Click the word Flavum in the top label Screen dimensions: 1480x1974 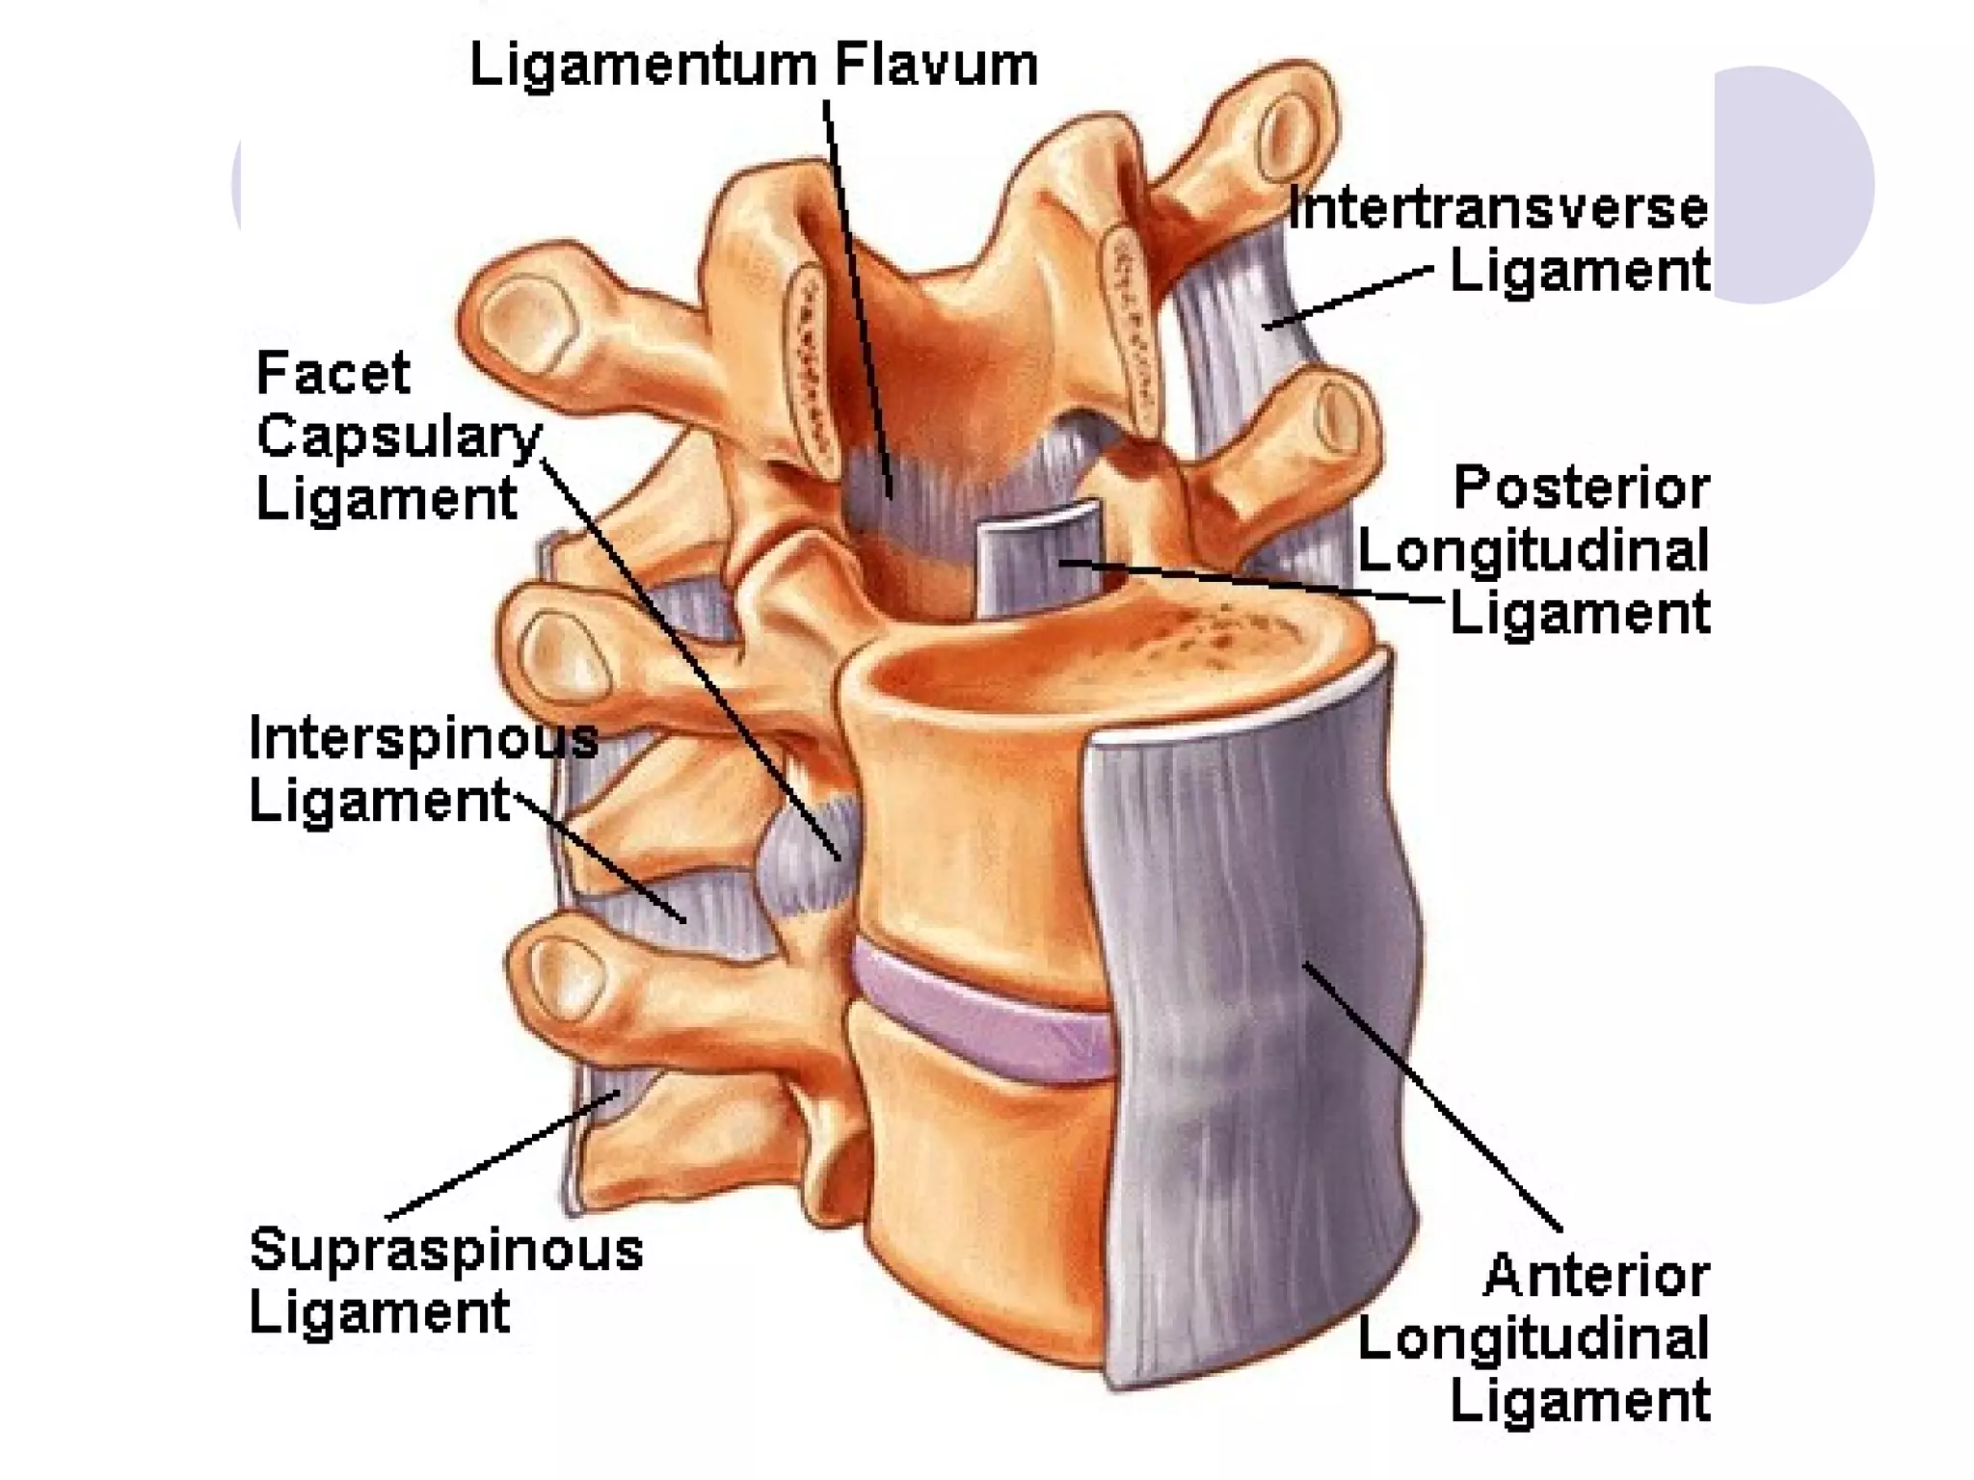936,66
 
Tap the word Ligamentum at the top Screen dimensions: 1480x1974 643,66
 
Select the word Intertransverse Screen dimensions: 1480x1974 1498,209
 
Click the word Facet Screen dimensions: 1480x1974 333,373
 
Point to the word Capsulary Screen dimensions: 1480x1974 398,436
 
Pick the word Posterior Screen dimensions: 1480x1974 1581,488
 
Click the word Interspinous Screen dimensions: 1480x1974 423,739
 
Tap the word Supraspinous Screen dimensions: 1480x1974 445,1250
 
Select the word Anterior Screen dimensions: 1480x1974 1596,1276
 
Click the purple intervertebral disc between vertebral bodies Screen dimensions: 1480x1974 983,1012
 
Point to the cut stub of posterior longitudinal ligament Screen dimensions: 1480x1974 1036,559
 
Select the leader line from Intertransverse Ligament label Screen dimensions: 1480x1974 1349,298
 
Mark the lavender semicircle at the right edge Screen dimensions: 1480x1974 1793,183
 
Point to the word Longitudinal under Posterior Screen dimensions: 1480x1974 1533,551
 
